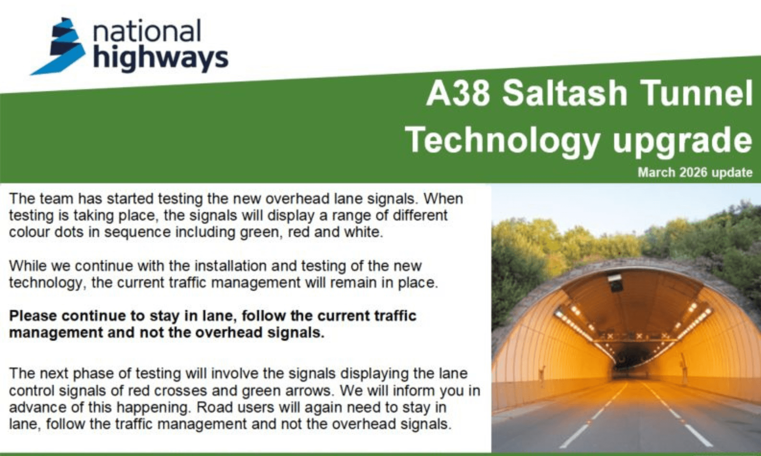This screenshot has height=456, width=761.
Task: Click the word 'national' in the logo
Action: [147, 31]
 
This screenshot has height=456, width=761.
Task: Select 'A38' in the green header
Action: [458, 93]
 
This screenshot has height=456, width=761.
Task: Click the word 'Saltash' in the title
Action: [565, 93]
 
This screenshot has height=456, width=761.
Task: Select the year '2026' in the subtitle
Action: [693, 172]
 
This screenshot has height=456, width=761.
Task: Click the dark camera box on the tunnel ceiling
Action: [615, 283]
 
